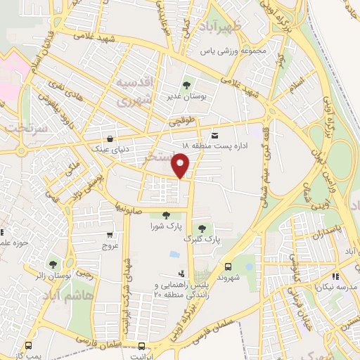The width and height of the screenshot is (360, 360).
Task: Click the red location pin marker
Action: (x=181, y=167)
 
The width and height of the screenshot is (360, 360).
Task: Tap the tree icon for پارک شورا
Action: (x=166, y=217)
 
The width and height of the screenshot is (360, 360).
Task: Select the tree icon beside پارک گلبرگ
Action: (x=202, y=228)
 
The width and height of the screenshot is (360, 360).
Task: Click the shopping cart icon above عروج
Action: (x=110, y=236)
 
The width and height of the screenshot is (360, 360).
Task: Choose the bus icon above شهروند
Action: (x=229, y=266)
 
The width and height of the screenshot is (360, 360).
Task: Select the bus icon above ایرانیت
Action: (x=143, y=346)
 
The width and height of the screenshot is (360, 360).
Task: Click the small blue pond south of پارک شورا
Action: (x=174, y=253)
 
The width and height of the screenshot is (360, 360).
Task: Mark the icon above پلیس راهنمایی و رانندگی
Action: (x=182, y=273)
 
